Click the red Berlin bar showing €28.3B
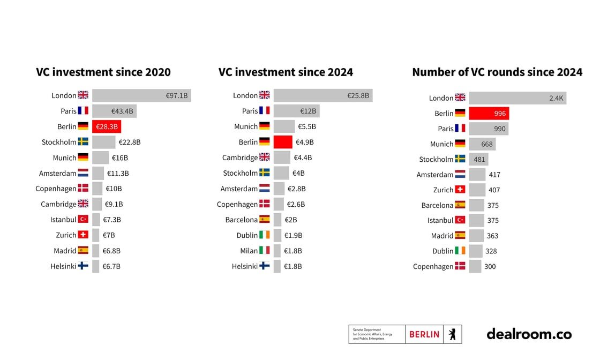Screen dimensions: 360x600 click(106, 126)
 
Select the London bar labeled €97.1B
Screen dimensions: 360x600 click(141, 96)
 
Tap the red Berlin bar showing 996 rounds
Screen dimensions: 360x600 click(489, 113)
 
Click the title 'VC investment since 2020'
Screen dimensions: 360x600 click(103, 72)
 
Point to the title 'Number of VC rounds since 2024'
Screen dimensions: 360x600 click(497, 72)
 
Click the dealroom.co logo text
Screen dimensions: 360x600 click(529, 334)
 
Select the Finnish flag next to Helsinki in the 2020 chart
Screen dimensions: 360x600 click(83, 266)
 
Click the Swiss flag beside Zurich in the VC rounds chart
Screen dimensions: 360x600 click(460, 190)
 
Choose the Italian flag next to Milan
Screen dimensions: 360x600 click(265, 251)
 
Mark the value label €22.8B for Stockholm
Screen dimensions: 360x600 click(129, 142)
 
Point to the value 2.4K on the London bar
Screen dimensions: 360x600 click(556, 98)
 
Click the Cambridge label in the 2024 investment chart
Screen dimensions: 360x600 click(240, 157)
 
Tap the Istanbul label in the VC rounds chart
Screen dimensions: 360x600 click(440, 220)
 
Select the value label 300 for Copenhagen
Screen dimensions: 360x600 click(490, 266)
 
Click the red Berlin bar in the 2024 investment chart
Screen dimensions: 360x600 click(282, 142)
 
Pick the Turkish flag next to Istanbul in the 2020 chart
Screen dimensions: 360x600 click(83, 219)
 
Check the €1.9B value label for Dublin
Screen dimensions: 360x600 click(293, 235)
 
